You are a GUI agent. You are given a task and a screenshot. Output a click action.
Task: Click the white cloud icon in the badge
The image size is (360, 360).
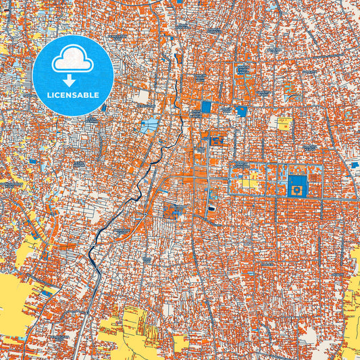(x=73, y=60)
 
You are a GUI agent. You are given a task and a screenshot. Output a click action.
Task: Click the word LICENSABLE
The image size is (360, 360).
(x=73, y=95)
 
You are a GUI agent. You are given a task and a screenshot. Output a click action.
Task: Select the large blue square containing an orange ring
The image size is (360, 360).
(x=297, y=185)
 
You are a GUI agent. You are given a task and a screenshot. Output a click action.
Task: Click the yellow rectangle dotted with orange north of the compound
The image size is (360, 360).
(x=285, y=124)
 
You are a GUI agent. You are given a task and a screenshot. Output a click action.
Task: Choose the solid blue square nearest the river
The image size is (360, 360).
(x=206, y=107)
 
